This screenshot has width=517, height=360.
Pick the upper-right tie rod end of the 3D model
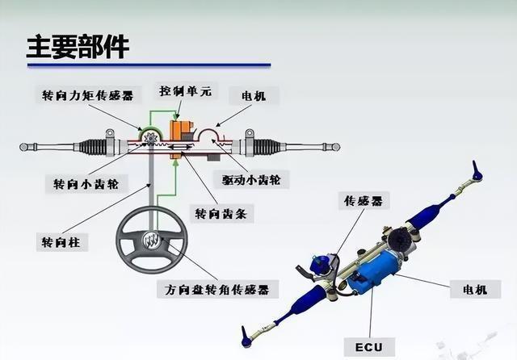(x=477, y=170)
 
